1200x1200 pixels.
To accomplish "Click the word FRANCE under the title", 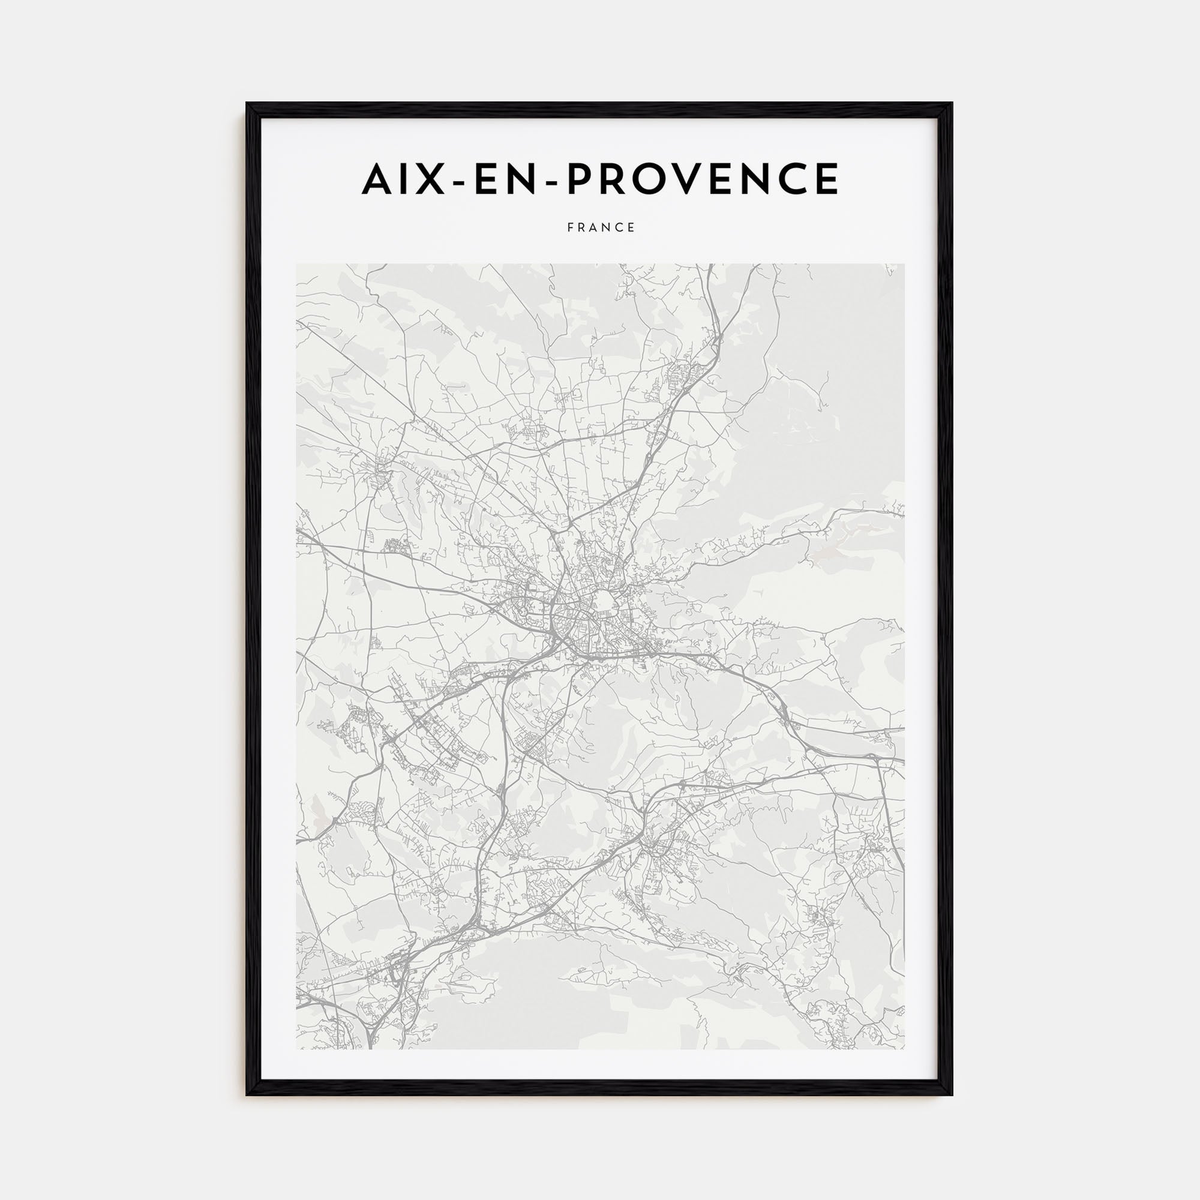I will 601,228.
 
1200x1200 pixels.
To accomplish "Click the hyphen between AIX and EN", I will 456,181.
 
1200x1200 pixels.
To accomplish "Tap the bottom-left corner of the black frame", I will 247,1094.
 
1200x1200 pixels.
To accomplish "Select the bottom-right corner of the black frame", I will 952,1094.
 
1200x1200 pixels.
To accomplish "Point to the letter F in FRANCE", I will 569,228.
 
